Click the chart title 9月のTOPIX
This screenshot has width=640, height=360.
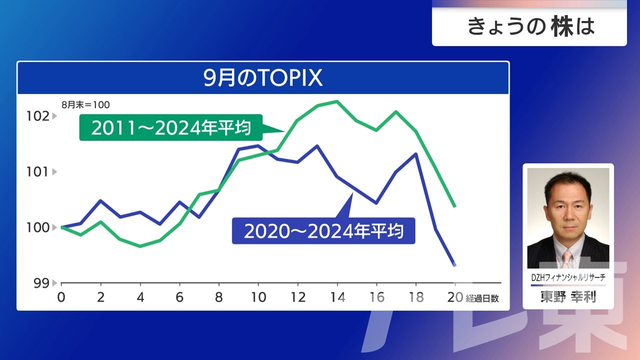point(263,78)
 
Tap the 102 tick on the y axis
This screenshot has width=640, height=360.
point(38,116)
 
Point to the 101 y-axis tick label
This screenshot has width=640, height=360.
point(38,172)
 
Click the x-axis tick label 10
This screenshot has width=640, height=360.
point(258,297)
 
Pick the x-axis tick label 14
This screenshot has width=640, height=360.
point(337,297)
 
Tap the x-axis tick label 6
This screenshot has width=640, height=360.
point(180,297)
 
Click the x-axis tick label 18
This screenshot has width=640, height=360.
point(416,297)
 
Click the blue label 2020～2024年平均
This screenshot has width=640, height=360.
point(323,231)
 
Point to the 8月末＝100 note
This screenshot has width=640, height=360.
point(85,105)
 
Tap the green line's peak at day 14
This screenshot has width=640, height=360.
point(337,101)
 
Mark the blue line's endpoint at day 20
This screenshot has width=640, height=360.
point(454,265)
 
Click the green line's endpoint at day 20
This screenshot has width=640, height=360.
point(454,205)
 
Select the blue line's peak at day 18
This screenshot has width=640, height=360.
point(416,154)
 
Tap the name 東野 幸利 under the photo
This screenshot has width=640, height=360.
point(568,296)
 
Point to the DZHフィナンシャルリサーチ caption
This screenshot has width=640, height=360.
point(568,276)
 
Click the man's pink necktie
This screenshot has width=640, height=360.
point(567,258)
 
